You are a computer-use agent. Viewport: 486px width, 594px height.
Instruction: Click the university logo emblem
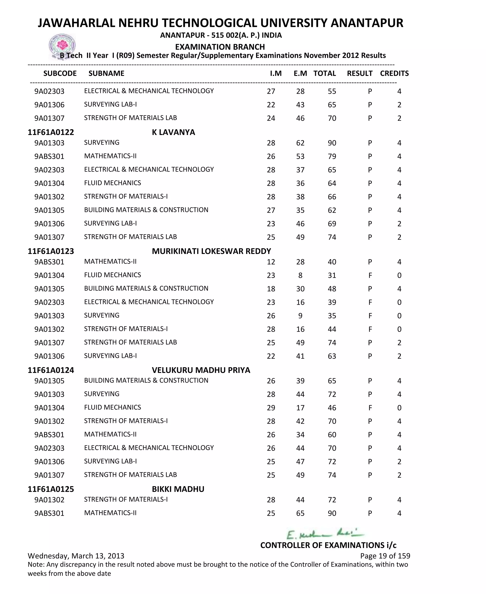click(x=62, y=46)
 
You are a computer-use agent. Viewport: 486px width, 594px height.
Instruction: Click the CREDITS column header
click(x=394, y=73)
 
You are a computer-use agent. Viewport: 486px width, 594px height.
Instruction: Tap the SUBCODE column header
click(x=60, y=73)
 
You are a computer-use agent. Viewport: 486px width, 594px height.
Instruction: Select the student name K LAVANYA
click(x=173, y=132)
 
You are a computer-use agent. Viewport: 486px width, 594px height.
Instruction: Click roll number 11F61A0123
click(x=51, y=251)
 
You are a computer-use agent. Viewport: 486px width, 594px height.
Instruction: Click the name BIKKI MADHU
click(x=178, y=489)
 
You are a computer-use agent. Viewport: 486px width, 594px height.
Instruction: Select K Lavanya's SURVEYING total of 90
click(x=332, y=143)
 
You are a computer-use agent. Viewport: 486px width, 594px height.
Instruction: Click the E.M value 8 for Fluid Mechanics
click(x=300, y=276)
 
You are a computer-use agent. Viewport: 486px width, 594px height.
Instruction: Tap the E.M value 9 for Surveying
click(x=300, y=316)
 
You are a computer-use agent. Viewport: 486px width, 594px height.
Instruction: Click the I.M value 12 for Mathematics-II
click(x=271, y=262)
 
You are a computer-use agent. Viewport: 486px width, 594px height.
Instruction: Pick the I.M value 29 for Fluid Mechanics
click(x=271, y=408)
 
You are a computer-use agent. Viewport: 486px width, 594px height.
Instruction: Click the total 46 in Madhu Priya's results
click(x=332, y=408)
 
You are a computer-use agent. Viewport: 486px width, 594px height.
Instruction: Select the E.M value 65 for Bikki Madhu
click(x=300, y=513)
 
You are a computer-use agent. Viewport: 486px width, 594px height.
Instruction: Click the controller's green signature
click(x=325, y=533)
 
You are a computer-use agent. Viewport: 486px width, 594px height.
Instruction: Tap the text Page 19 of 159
click(x=385, y=556)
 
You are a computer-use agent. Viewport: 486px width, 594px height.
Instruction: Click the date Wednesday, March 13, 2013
click(x=76, y=556)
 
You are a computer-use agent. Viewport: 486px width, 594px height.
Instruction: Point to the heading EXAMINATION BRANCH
click(x=220, y=47)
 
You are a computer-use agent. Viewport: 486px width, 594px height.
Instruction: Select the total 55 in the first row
click(x=332, y=91)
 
